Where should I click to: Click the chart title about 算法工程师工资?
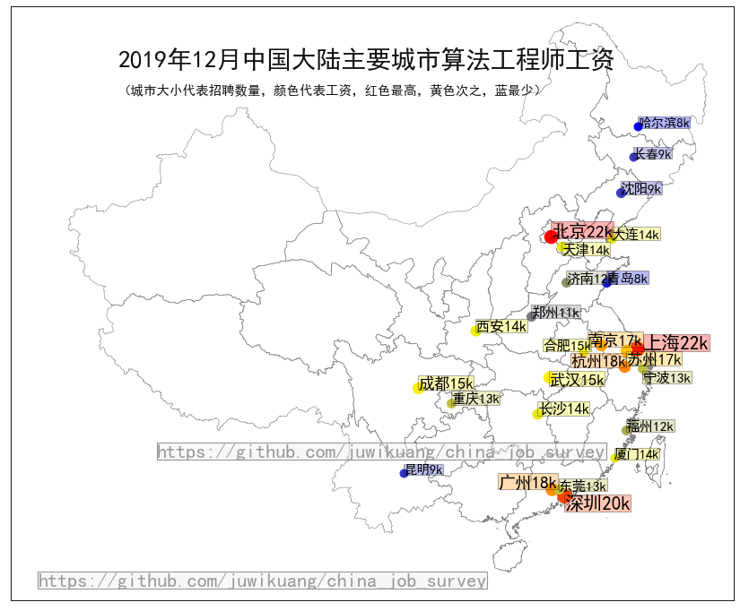tap(366, 60)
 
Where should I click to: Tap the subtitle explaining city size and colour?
tap(331, 90)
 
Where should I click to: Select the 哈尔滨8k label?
tap(665, 123)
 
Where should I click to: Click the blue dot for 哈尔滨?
tap(639, 126)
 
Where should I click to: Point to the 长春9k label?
tap(652, 154)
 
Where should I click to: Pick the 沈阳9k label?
tap(641, 189)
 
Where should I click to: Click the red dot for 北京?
tap(551, 237)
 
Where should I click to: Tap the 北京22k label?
tap(582, 231)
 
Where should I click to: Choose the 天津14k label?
tap(587, 250)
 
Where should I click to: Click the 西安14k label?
tap(501, 326)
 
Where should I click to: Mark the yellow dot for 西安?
tap(476, 331)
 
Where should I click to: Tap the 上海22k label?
tap(678, 342)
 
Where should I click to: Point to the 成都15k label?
tap(446, 383)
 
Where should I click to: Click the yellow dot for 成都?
tap(418, 388)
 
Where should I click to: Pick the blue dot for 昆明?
tap(404, 473)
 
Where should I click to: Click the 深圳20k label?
tap(598, 503)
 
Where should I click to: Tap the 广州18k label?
tap(527, 483)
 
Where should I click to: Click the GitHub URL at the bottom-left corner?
tap(262, 581)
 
